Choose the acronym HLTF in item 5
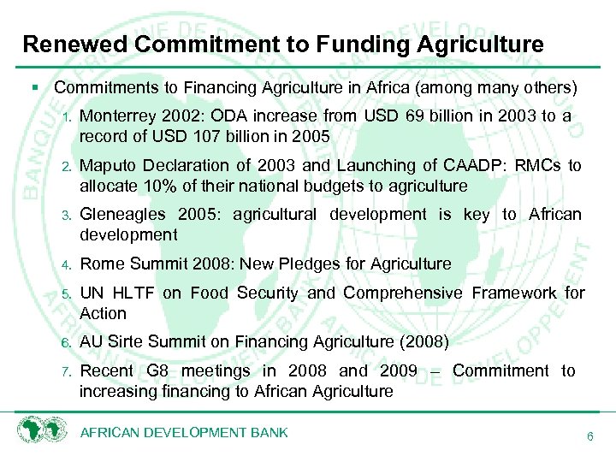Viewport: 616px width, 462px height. pos(132,293)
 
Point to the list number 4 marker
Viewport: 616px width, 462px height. pos(65,265)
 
